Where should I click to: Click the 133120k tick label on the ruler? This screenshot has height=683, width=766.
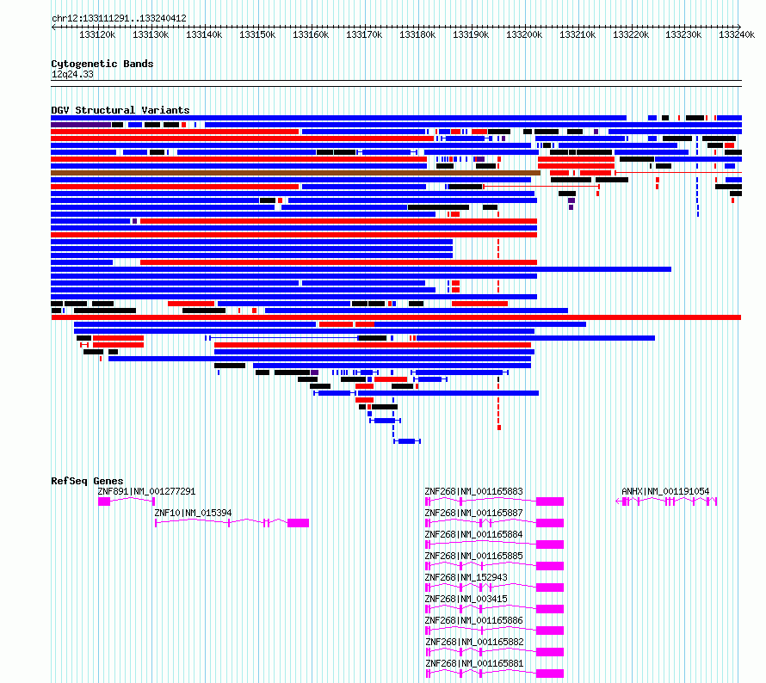click(97, 34)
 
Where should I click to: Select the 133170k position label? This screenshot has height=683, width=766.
click(364, 34)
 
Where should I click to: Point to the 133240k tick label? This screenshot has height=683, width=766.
click(737, 34)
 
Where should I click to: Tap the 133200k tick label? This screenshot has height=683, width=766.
click(524, 34)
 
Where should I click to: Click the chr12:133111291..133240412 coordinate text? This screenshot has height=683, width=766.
click(119, 19)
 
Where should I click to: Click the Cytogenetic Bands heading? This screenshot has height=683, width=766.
click(102, 64)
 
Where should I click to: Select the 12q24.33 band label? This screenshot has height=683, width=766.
click(72, 74)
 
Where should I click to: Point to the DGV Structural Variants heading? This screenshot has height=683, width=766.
click(120, 110)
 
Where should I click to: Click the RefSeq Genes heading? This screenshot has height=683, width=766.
click(87, 481)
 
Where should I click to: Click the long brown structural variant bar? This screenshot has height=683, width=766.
click(295, 173)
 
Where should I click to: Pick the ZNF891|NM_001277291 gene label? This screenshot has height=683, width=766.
click(146, 491)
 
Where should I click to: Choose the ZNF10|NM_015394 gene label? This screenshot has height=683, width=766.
click(193, 513)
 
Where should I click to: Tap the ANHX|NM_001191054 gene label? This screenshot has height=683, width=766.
click(665, 491)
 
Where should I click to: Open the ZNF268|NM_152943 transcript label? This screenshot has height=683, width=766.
click(466, 577)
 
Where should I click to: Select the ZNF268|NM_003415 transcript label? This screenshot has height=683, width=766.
click(466, 599)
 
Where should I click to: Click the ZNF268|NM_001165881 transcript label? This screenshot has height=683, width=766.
click(474, 663)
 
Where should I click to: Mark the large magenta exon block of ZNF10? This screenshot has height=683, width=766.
click(298, 523)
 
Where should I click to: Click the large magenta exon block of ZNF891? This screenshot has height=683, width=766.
click(104, 501)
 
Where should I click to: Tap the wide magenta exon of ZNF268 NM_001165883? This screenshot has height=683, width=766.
click(550, 501)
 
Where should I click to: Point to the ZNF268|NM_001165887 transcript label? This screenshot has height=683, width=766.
click(474, 513)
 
